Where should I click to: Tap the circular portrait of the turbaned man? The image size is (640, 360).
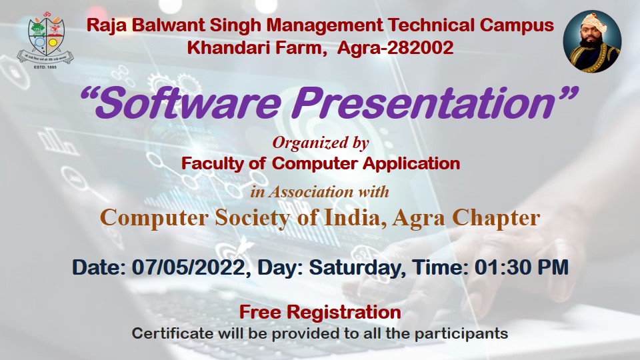pyautogui.click(x=592, y=41)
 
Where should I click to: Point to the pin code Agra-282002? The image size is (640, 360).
pyautogui.click(x=395, y=48)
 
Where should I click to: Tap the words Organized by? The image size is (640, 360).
pyautogui.click(x=321, y=143)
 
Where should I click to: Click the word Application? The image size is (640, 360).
pyautogui.click(x=411, y=164)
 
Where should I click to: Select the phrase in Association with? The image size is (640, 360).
pyautogui.click(x=319, y=192)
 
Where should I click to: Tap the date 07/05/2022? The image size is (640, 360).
pyautogui.click(x=189, y=268)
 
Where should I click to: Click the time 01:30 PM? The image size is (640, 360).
pyautogui.click(x=521, y=267)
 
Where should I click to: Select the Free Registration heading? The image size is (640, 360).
pyautogui.click(x=320, y=313)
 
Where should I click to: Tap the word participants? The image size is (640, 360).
pyautogui.click(x=461, y=334)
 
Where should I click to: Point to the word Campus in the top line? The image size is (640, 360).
pyautogui.click(x=517, y=26)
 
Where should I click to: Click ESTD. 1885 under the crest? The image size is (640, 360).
pyautogui.click(x=45, y=67)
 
